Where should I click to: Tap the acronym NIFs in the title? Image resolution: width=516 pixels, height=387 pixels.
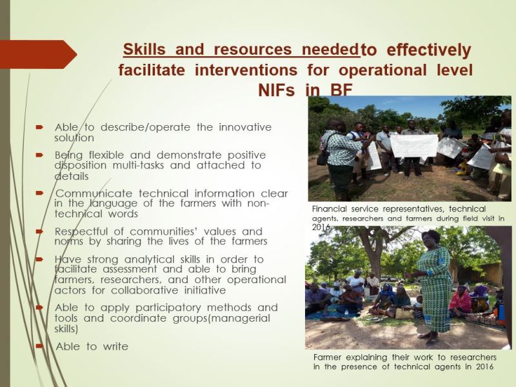point(279,90)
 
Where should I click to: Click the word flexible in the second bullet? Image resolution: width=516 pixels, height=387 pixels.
point(113,155)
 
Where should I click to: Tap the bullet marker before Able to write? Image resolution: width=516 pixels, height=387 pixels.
point(40,346)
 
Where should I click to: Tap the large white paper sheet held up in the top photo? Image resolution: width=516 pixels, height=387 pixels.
point(413,144)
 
